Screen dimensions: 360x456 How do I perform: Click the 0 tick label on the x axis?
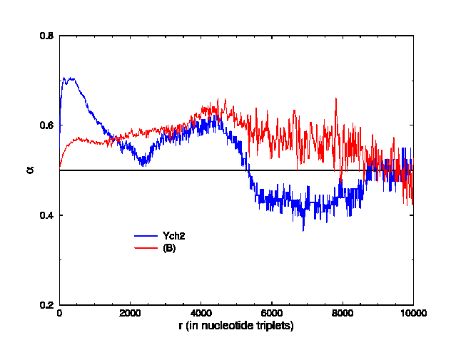tap(59, 313)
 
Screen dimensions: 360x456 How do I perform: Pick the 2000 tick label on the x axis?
tap(130, 313)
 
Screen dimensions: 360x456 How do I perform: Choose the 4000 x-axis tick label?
tap(201, 313)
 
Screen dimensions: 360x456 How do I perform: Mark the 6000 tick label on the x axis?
tap(271, 313)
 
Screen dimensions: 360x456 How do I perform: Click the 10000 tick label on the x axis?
tap(412, 313)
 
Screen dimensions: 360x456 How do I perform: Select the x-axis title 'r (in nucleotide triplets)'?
tap(236, 325)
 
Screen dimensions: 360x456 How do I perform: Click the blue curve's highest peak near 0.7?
tap(69, 78)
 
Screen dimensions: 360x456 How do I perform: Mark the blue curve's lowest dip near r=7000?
tap(303, 230)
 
